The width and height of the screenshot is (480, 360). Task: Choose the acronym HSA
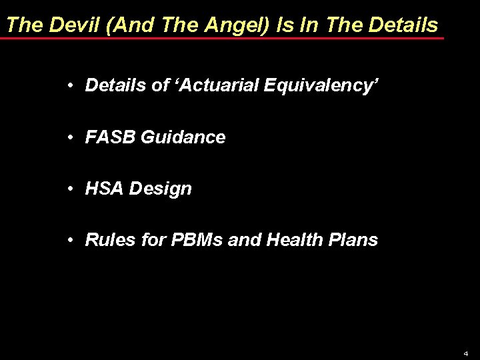coord(105,189)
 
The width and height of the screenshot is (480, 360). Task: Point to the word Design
coord(162,189)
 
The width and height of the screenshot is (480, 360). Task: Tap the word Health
coord(287,240)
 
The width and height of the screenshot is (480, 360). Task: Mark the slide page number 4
coord(466,352)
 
